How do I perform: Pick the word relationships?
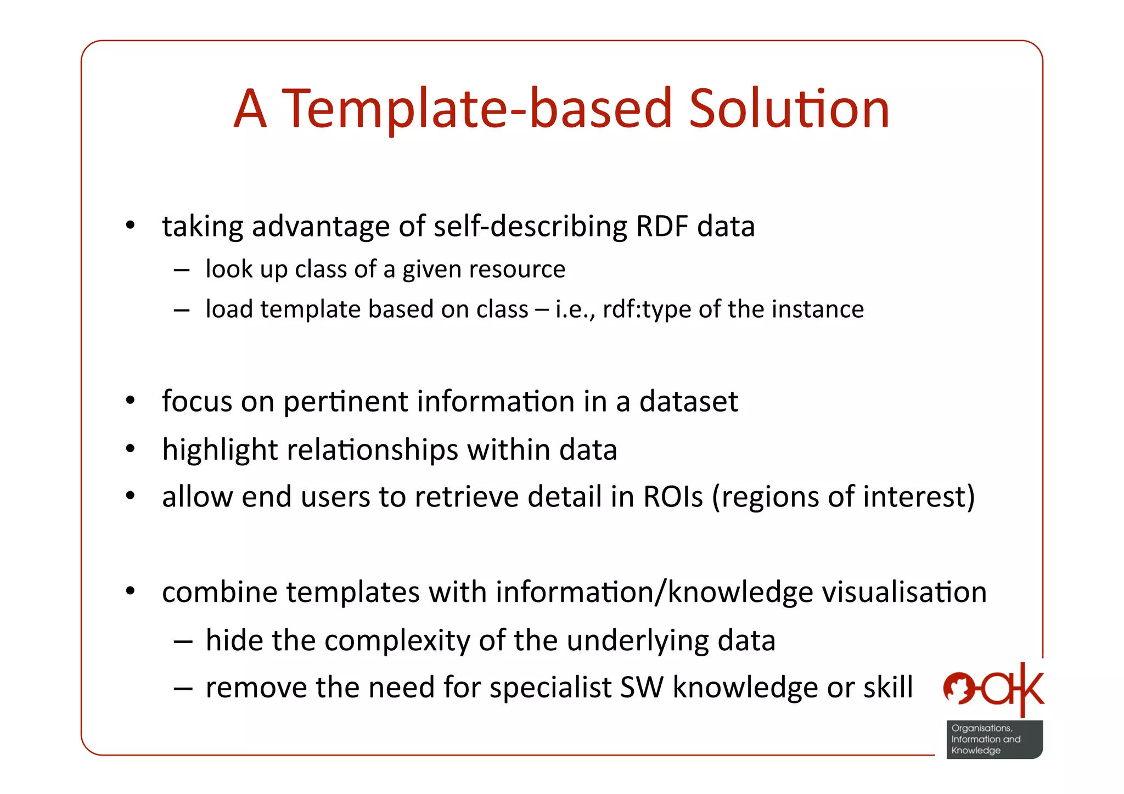click(x=372, y=450)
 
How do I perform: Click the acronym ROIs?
click(x=672, y=497)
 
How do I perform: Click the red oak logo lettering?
click(x=994, y=690)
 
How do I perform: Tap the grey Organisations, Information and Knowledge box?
click(x=994, y=739)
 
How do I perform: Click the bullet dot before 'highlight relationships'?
click(x=130, y=449)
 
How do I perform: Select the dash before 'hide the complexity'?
click(x=182, y=641)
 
